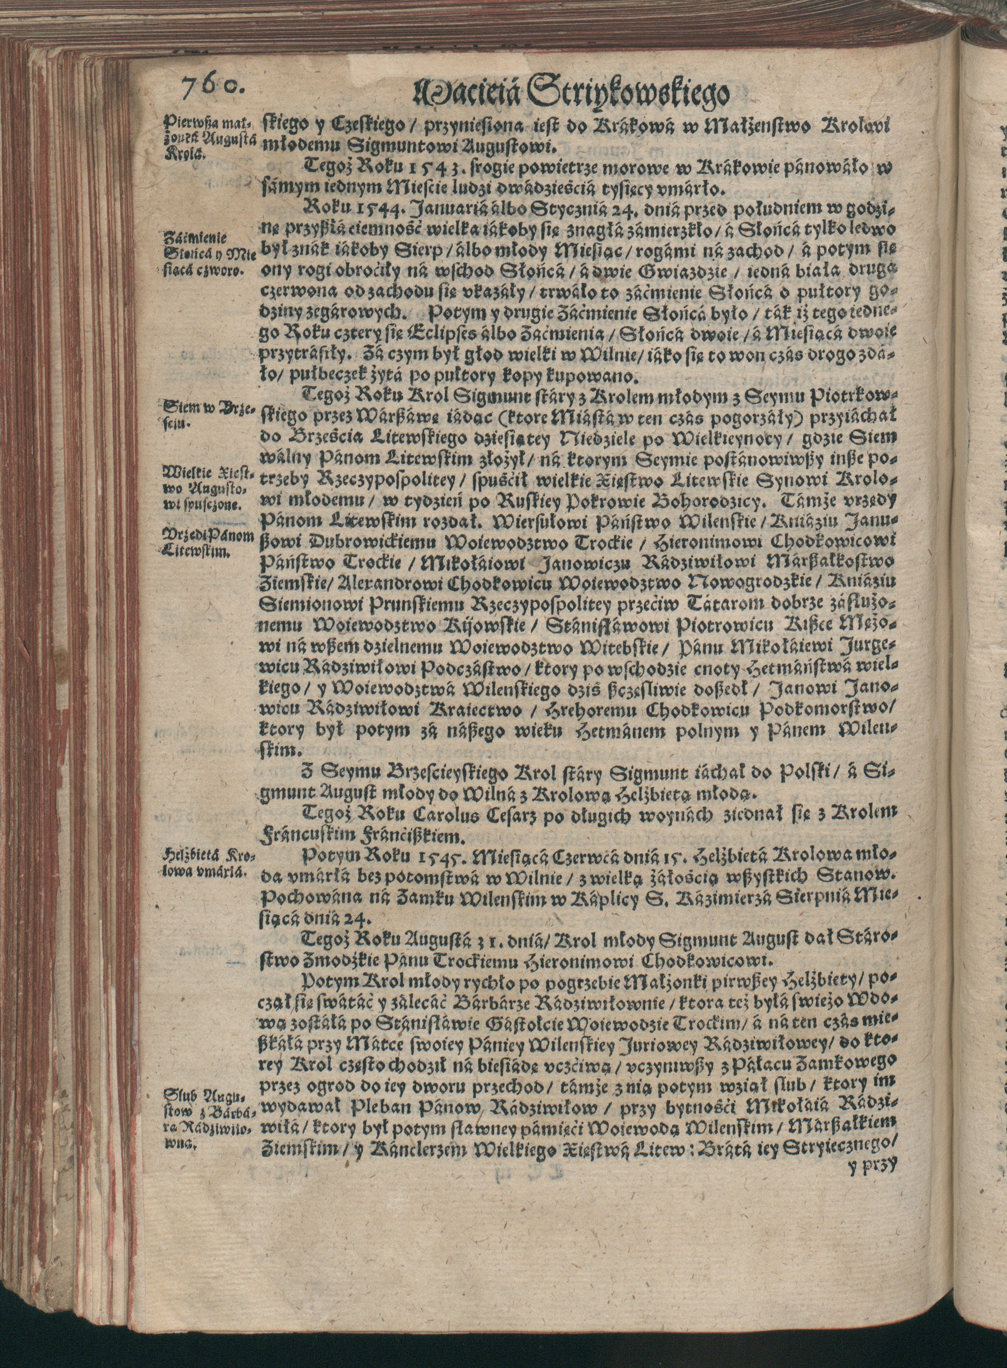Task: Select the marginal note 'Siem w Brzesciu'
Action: (205, 413)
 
